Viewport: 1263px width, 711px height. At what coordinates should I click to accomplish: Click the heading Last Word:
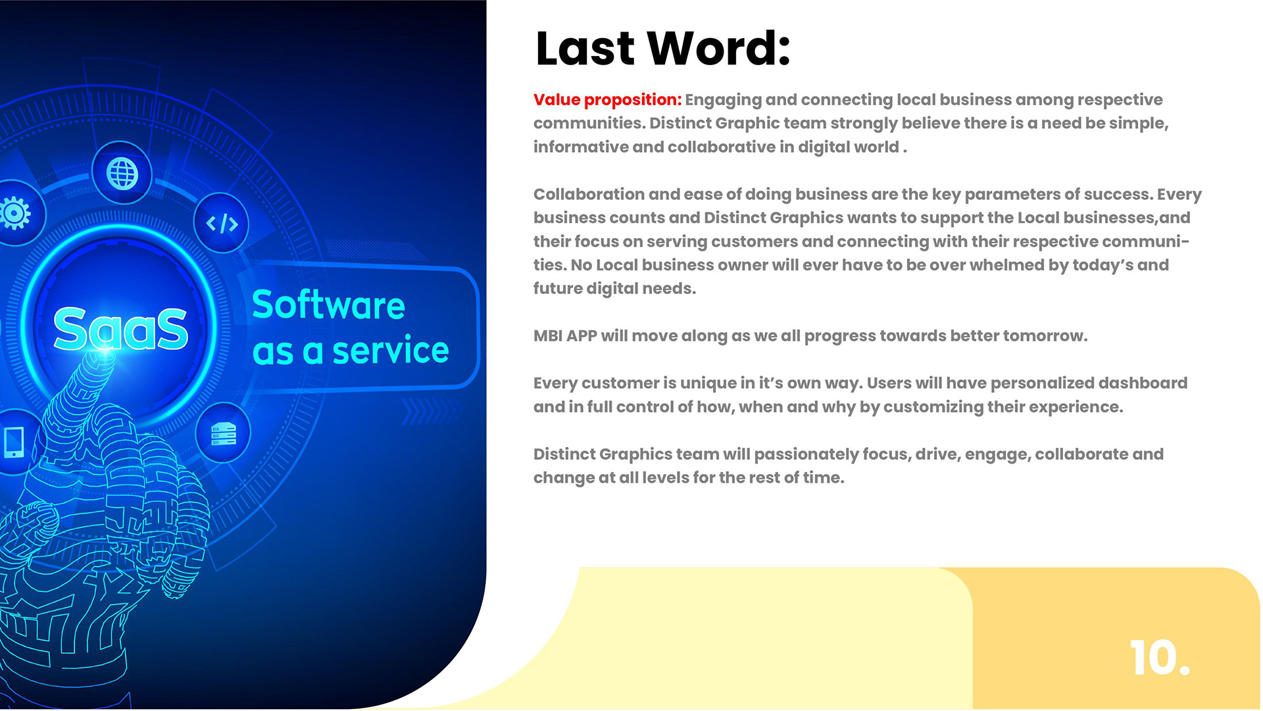[662, 48]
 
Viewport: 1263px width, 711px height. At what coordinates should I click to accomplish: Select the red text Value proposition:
[607, 100]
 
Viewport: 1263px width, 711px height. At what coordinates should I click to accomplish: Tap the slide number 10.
[1160, 658]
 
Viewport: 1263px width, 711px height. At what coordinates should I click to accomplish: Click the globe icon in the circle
[122, 174]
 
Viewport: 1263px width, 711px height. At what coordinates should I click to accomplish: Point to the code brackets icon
[222, 224]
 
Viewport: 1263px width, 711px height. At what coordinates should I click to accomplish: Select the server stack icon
[223, 434]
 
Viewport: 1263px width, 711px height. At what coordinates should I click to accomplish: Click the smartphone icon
[14, 442]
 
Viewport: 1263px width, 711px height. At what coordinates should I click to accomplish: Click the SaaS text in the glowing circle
[121, 328]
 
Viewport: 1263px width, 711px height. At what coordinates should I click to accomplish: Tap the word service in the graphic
[391, 351]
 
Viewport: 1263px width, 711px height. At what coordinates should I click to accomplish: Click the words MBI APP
[565, 336]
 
